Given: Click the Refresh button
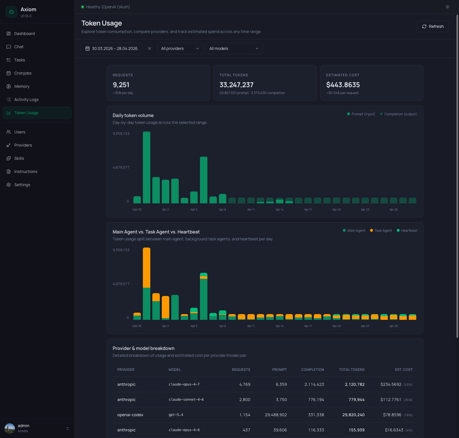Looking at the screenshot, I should pyautogui.click(x=433, y=26).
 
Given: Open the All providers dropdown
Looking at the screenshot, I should pyautogui.click(x=180, y=48).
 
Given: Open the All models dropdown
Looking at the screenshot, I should pyautogui.click(x=234, y=48).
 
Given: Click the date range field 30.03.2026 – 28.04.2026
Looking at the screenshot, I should pyautogui.click(x=112, y=48).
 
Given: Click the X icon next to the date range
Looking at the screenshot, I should pyautogui.click(x=149, y=48).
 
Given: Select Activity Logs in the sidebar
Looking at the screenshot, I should pyautogui.click(x=26, y=100).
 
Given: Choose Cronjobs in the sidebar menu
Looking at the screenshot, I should pyautogui.click(x=23, y=73).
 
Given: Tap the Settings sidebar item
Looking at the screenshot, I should pyautogui.click(x=22, y=185).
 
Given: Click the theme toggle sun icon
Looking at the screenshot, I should pyautogui.click(x=447, y=7).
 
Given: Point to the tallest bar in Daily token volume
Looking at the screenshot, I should pyautogui.click(x=147, y=168).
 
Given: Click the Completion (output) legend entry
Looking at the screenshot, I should pyautogui.click(x=398, y=114).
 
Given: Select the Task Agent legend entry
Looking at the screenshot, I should pyautogui.click(x=381, y=231).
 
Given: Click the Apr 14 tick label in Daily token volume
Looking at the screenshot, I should pyautogui.click(x=279, y=210).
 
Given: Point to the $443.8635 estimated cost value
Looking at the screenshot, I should pyautogui.click(x=343, y=85).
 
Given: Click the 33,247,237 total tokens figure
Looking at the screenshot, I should pyautogui.click(x=236, y=85).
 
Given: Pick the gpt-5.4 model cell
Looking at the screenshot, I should pyautogui.click(x=176, y=415).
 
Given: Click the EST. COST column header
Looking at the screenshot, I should pyautogui.click(x=404, y=370).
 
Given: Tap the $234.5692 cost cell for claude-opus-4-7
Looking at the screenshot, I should pyautogui.click(x=391, y=384).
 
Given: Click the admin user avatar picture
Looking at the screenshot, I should pyautogui.click(x=10, y=428).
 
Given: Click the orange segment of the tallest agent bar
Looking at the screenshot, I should pyautogui.click(x=147, y=267).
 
